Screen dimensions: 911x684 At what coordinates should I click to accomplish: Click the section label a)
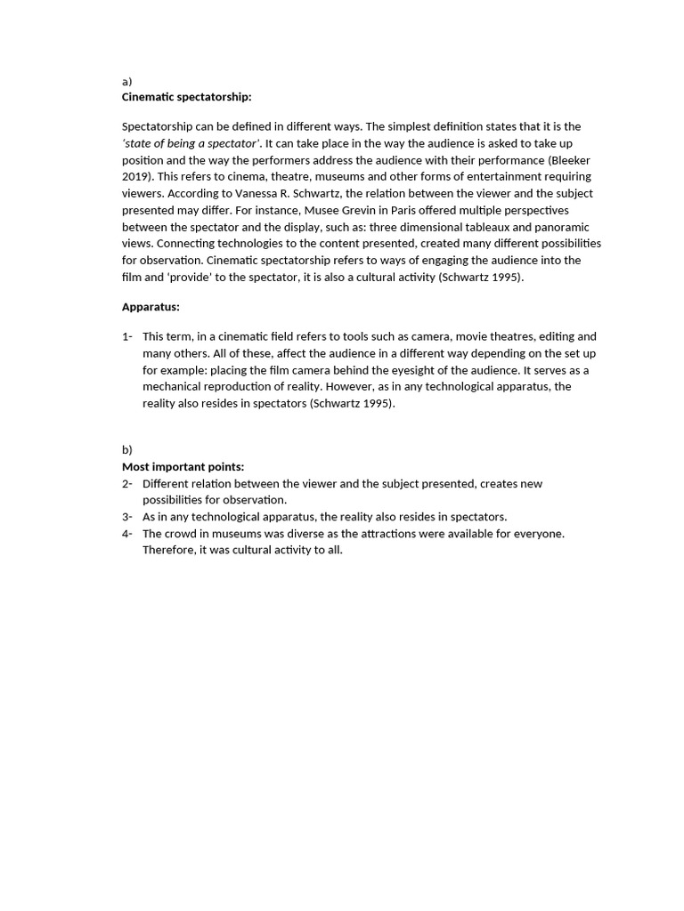pos(126,81)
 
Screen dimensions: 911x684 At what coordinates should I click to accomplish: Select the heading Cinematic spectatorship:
pos(186,97)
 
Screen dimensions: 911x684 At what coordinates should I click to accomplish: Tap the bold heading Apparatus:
pos(151,307)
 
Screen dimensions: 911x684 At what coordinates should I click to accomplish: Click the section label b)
pos(126,450)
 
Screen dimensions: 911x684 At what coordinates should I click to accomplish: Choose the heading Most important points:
pos(183,466)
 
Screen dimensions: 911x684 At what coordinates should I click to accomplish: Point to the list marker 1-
pos(127,336)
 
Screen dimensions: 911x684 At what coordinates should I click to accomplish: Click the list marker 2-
pos(127,483)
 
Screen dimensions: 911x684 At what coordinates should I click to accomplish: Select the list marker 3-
pos(127,517)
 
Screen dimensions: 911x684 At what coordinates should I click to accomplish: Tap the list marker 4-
pos(127,534)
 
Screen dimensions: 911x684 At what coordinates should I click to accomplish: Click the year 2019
pos(135,176)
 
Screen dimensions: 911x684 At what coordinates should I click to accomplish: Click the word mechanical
pos(172,387)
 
